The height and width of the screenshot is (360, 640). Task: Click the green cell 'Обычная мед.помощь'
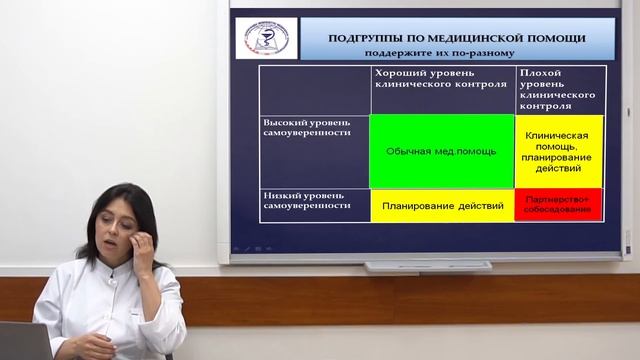pos(441,151)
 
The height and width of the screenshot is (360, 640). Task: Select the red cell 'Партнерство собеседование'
pos(559,205)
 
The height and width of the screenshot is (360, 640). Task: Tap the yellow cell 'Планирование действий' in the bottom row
pos(441,205)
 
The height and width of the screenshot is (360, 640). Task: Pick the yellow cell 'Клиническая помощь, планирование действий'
pos(559,151)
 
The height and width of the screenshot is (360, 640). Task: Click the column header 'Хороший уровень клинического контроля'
pos(441,80)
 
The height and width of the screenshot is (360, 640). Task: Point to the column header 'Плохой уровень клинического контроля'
pos(559,88)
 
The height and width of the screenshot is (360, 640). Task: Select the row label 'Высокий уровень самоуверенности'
pos(306,125)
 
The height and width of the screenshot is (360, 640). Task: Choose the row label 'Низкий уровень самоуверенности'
pos(306,199)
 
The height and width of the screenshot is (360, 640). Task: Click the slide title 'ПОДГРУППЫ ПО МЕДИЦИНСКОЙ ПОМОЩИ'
pos(457,38)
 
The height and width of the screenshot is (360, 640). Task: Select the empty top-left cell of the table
pos(314,88)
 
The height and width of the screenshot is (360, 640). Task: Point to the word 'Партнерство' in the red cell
pos(559,198)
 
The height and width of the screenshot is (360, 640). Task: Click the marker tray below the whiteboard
pos(428,266)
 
